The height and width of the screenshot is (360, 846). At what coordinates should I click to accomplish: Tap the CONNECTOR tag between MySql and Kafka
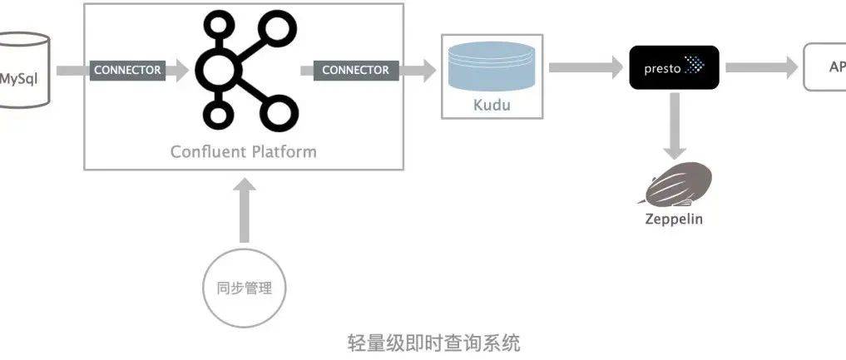(x=127, y=71)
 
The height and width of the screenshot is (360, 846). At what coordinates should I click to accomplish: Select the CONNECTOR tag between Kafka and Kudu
(x=355, y=71)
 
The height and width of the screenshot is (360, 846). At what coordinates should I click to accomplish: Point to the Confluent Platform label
(x=243, y=151)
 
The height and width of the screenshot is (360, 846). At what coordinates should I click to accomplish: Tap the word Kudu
(x=492, y=106)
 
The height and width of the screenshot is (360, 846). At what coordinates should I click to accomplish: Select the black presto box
(x=674, y=67)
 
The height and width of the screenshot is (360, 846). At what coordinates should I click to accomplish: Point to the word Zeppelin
(x=674, y=219)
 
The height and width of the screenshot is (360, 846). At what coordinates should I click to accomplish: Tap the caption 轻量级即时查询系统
(x=433, y=342)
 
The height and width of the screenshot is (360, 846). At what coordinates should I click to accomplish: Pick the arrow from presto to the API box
(x=760, y=67)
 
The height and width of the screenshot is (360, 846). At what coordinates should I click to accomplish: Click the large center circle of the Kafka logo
(x=219, y=70)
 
